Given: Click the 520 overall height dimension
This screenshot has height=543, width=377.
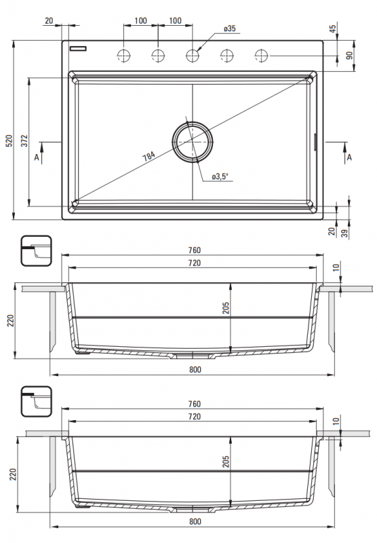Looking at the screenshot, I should point(9,140).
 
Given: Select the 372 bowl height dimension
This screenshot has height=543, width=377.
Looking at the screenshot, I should point(24,141).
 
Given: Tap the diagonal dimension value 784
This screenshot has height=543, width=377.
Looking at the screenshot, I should point(148,156).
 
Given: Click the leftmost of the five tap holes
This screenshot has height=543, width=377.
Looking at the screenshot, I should point(123,54).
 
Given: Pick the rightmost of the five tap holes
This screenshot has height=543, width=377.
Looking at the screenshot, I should point(262,54).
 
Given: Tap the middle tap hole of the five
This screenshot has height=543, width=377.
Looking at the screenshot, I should point(193,54).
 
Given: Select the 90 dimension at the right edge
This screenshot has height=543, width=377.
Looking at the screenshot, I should point(351,56).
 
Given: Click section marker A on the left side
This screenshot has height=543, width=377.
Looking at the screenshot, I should point(36,157).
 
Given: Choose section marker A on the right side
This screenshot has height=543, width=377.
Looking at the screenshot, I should point(349,157).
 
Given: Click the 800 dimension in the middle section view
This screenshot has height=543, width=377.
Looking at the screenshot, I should point(195,370).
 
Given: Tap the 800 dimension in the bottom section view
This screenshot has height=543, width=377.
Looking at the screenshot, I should point(195,522).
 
